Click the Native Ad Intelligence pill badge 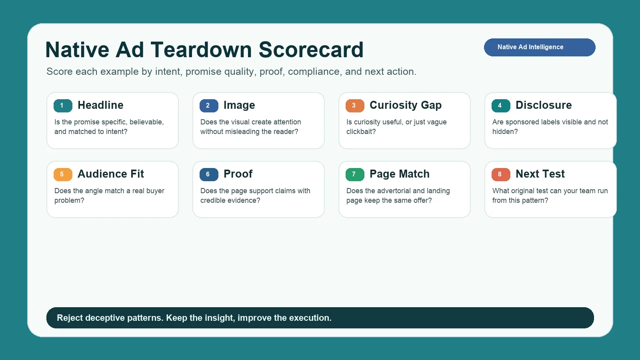[x=539, y=47]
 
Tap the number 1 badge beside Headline [x=63, y=106]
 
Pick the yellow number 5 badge [x=63, y=174]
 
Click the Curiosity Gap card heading [x=405, y=105]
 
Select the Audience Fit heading [x=111, y=174]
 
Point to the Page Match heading [x=399, y=174]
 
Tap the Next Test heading [x=540, y=174]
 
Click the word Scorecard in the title [x=311, y=50]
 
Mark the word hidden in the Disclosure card [x=505, y=132]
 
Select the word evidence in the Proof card [x=244, y=200]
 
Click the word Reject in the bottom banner [x=70, y=318]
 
